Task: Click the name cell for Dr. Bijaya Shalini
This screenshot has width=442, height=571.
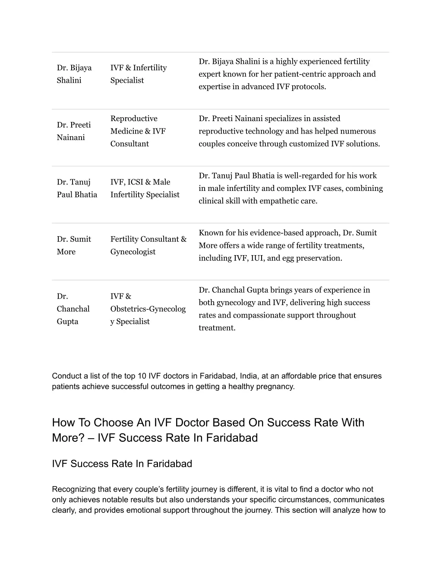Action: tap(74, 74)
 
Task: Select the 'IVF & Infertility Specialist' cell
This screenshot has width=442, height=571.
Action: tap(138, 74)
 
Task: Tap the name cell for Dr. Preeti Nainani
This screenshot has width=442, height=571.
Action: tap(74, 131)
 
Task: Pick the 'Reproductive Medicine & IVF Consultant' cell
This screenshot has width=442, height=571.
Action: tap(138, 131)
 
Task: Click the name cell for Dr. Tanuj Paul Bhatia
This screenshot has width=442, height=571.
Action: tap(77, 188)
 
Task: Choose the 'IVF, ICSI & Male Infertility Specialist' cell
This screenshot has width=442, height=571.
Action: tap(145, 188)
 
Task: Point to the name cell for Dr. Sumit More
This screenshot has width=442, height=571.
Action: tap(74, 245)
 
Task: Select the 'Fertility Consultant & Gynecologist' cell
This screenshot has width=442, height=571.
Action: tap(148, 245)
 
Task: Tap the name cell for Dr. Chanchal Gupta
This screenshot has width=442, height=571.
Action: tap(73, 309)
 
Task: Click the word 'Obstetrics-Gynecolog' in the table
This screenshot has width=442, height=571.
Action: tap(148, 309)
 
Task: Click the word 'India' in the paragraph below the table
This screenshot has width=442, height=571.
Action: tap(249, 376)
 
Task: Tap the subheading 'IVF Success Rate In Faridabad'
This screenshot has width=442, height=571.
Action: tap(122, 464)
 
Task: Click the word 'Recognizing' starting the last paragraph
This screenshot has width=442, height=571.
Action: tap(73, 489)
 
